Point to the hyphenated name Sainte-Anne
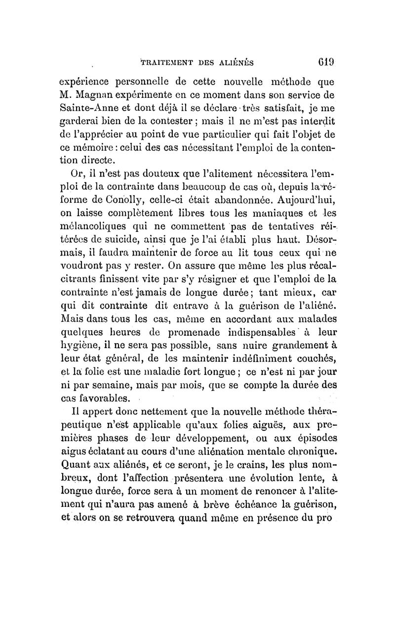coord(88,107)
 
